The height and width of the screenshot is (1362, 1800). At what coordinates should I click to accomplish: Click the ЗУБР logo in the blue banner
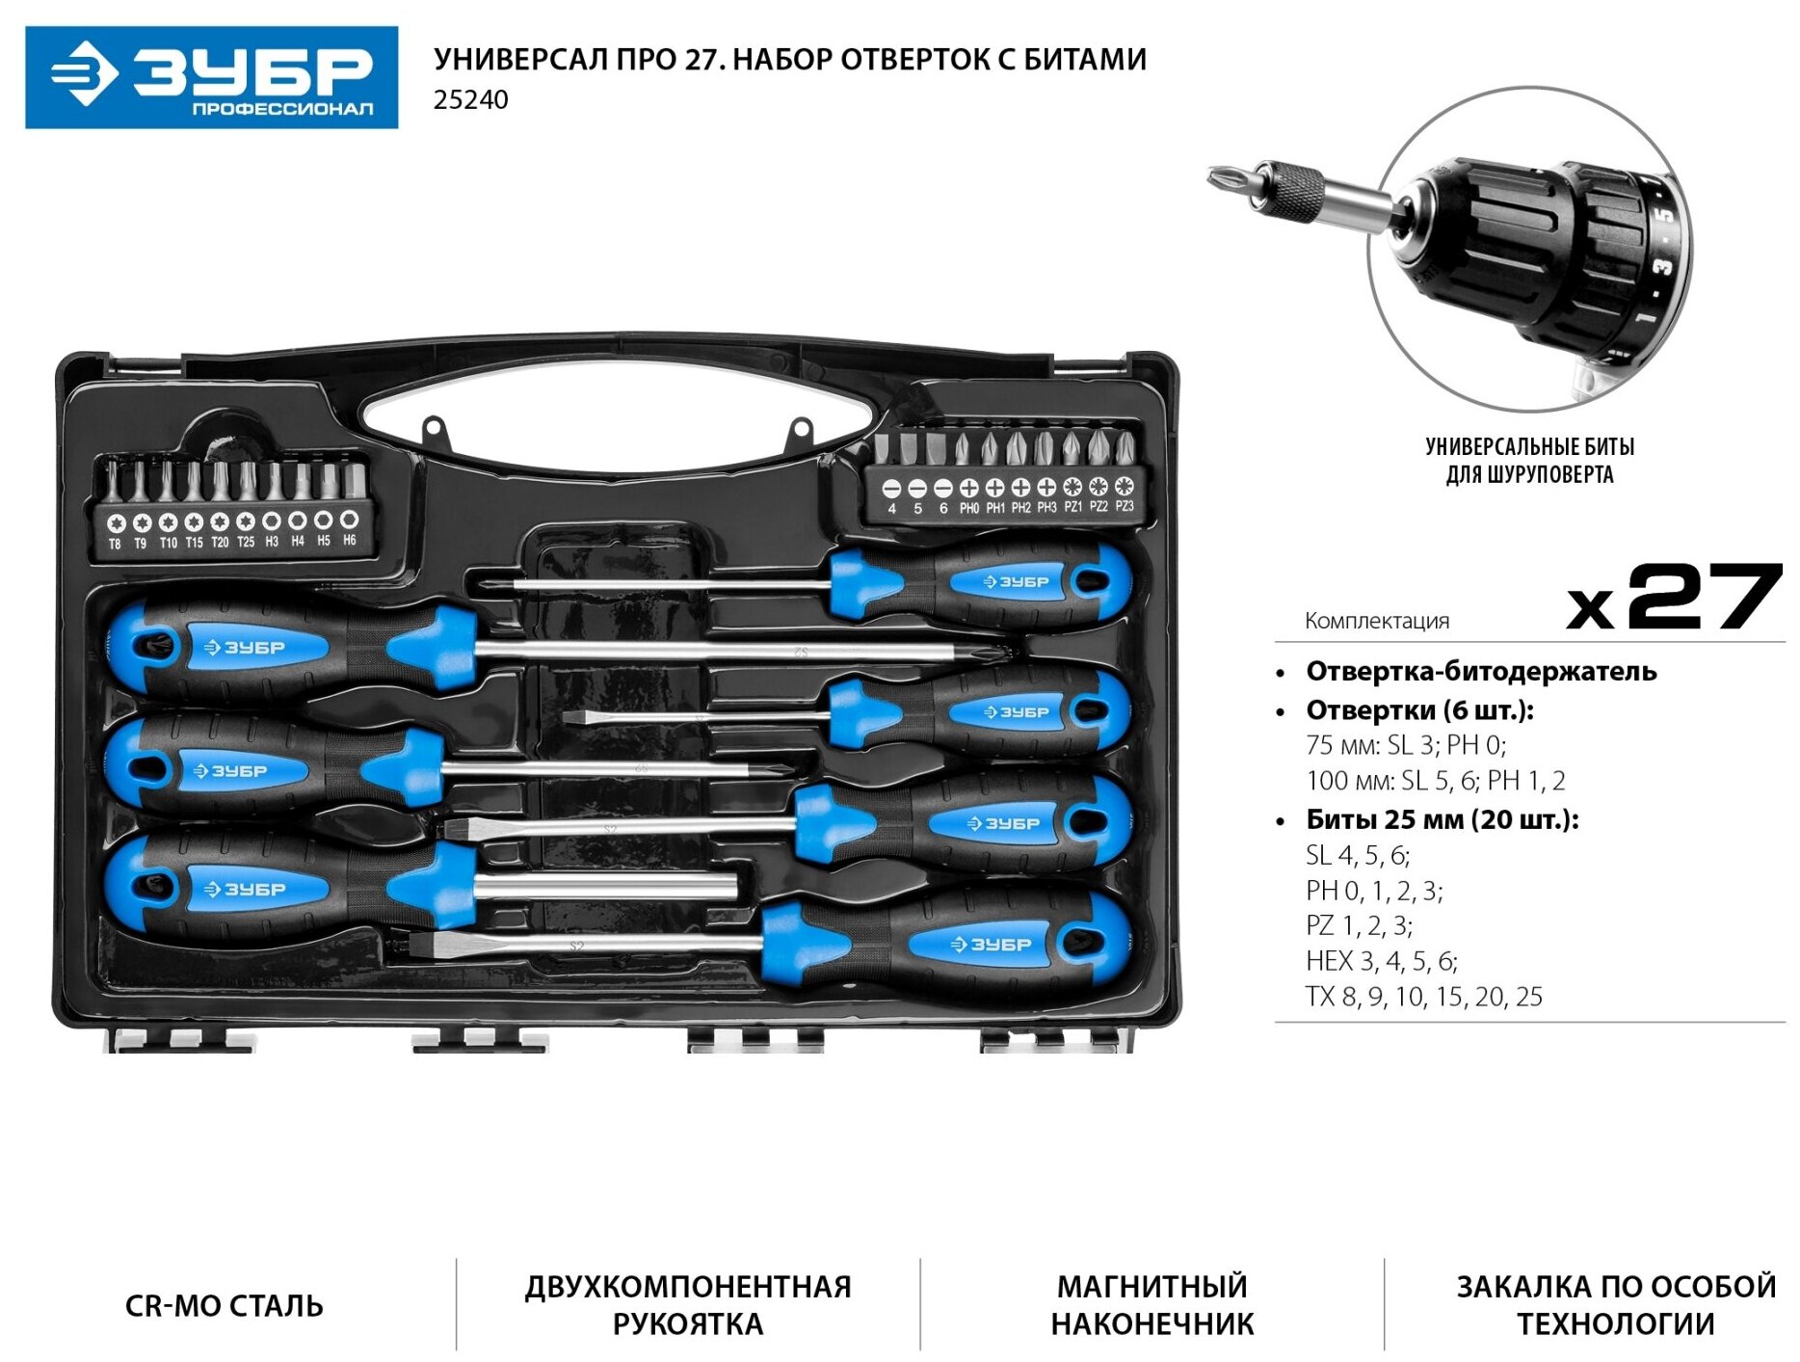[211, 76]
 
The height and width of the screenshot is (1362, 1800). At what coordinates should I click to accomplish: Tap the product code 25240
[470, 100]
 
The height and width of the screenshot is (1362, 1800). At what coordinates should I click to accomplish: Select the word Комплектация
[1376, 621]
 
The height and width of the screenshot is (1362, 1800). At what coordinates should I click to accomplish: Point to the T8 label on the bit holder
[116, 544]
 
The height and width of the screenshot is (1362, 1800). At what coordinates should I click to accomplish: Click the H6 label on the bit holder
[350, 541]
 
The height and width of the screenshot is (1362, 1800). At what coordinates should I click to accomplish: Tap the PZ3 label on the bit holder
[1124, 506]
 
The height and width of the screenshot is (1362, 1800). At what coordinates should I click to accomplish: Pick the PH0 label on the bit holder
[968, 508]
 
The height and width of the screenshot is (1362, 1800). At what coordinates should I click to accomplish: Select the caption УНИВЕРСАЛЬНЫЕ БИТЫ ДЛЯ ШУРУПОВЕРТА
[1529, 461]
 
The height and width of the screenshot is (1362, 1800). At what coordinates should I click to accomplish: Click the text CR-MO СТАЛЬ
[224, 1306]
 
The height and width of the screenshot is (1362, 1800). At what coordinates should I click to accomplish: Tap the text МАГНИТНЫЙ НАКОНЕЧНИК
[1151, 1305]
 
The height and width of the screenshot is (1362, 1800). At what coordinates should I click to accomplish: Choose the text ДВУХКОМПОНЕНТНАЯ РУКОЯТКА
[687, 1305]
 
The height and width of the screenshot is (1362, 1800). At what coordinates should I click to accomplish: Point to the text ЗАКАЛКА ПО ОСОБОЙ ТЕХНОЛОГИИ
[1615, 1305]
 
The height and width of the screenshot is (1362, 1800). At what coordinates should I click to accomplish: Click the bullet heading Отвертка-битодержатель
[1480, 672]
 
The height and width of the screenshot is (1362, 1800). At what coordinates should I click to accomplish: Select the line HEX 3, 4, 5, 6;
[1381, 961]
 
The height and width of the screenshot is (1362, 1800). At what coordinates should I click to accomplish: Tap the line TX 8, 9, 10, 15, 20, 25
[1423, 997]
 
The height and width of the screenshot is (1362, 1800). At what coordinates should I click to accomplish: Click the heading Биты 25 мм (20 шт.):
[1442, 820]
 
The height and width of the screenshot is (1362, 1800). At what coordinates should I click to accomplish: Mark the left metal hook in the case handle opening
[434, 427]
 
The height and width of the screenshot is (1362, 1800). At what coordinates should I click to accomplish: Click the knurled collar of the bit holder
[1297, 189]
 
